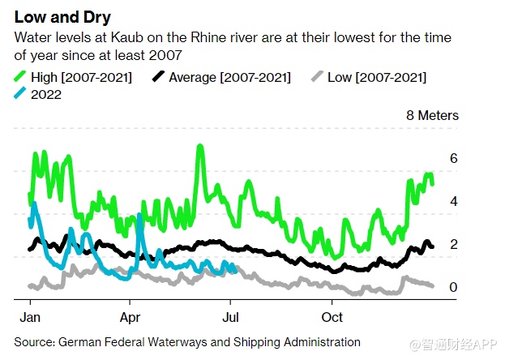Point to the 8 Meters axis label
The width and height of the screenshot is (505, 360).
point(432,116)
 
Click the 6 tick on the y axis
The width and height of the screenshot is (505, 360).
point(454,159)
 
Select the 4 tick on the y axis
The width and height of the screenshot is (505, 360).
point(454,201)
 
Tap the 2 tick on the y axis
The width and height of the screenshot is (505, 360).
point(454,244)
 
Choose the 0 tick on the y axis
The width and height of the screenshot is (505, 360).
point(454,287)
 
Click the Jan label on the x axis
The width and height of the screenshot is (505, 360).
point(30,315)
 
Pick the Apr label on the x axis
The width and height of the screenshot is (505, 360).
point(131,315)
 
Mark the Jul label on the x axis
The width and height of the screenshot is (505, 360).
point(232,315)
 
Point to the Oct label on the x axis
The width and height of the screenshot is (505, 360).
point(332,315)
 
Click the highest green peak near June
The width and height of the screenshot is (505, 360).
point(199,148)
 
